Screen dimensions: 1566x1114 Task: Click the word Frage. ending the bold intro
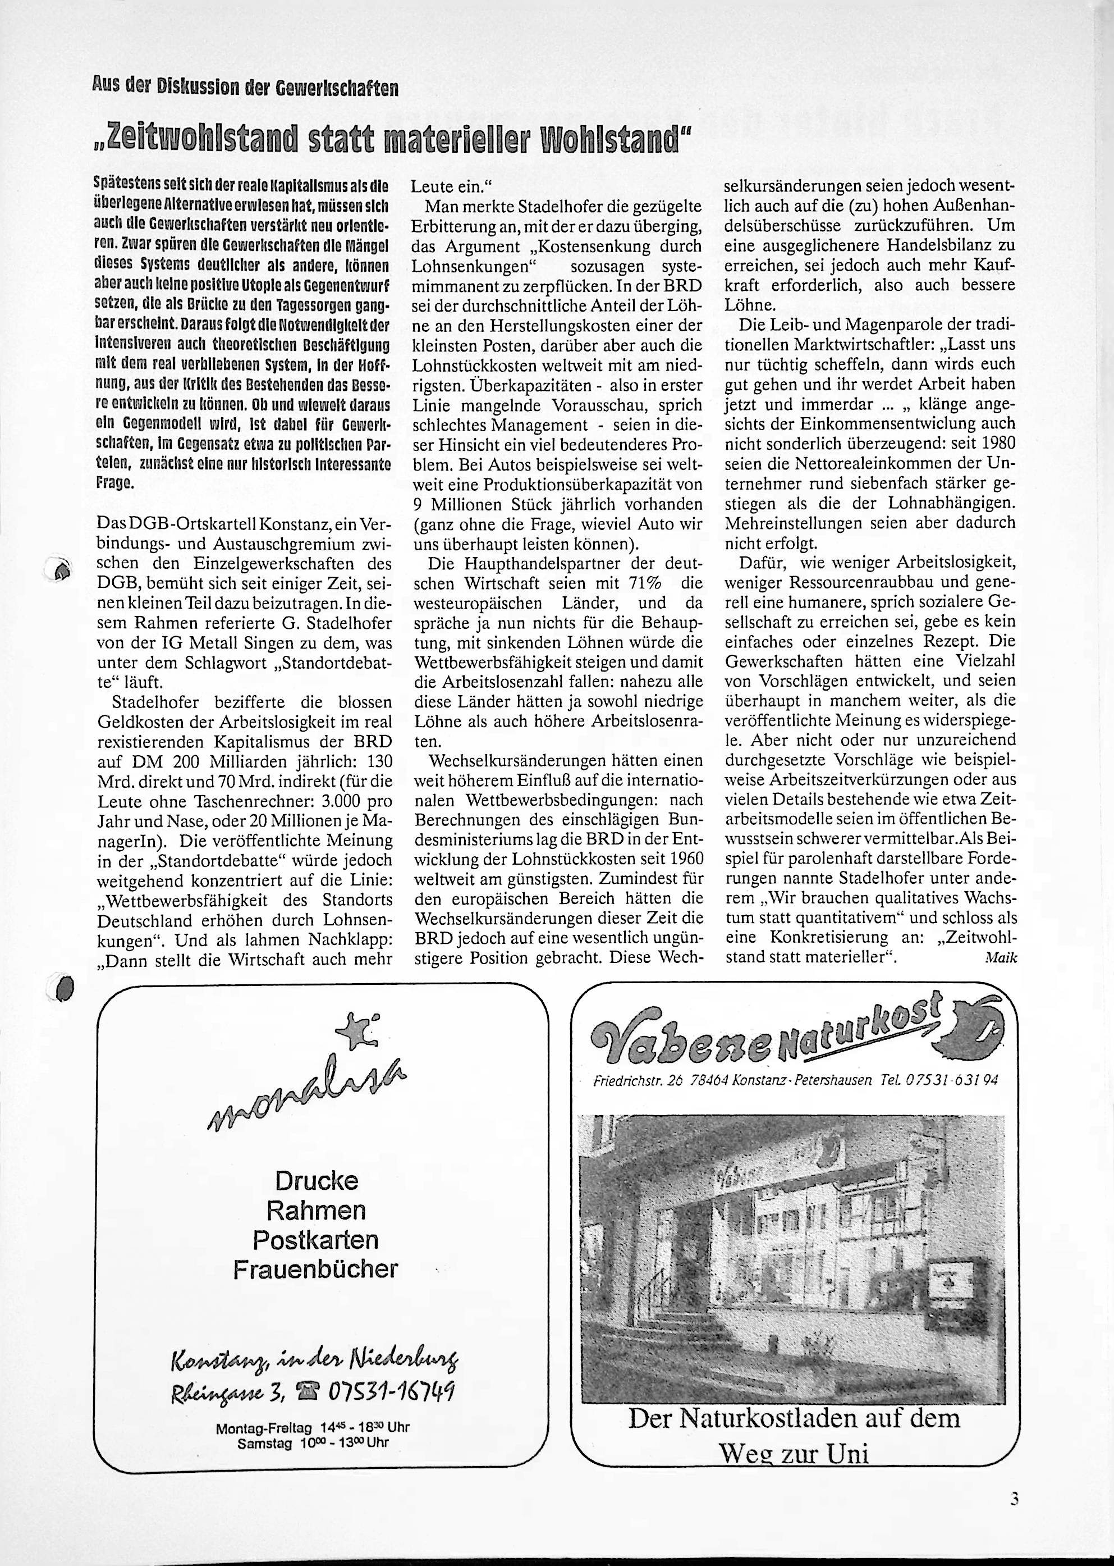click(114, 483)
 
